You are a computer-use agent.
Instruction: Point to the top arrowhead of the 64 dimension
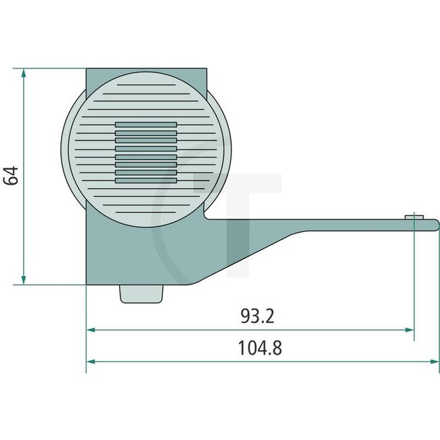click(x=24, y=72)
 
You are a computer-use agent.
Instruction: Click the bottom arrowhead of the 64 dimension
click(x=24, y=280)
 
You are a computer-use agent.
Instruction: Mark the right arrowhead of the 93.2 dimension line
click(x=410, y=330)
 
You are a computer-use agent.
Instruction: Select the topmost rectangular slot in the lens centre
click(x=146, y=125)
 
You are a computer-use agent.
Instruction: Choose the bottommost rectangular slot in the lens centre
click(x=146, y=181)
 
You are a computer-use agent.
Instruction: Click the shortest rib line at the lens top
click(x=146, y=86)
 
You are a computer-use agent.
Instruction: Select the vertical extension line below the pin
click(x=414, y=284)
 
